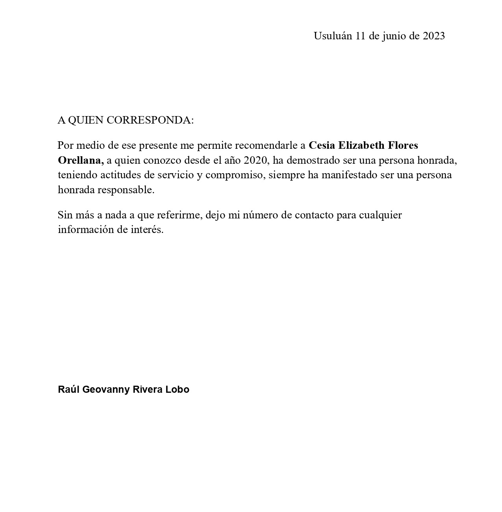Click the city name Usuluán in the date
[x=333, y=36]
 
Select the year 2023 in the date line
[x=434, y=36]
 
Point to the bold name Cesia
[x=322, y=146]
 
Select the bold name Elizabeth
[x=361, y=146]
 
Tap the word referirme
[x=179, y=215]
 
